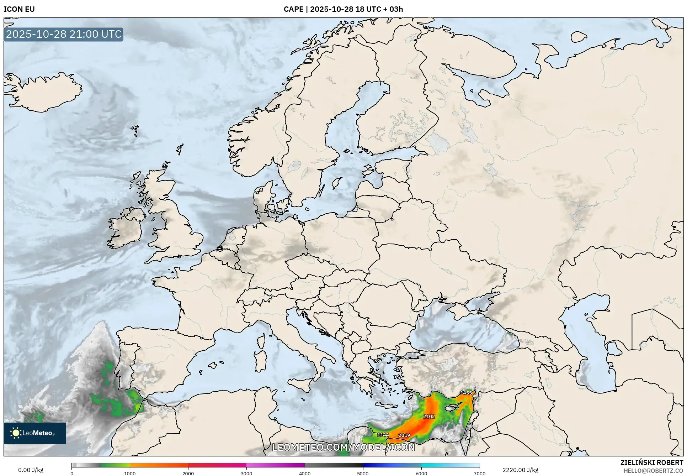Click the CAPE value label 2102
click(x=429, y=417)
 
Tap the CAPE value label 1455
click(x=466, y=393)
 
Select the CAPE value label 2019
click(x=404, y=435)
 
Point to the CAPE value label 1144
click(x=383, y=435)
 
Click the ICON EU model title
click(x=19, y=9)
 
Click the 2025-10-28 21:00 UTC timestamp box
click(x=64, y=34)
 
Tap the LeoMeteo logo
click(x=35, y=433)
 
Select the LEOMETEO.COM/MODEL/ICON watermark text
click(x=343, y=447)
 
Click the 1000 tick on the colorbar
click(x=130, y=473)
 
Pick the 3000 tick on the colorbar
click(x=246, y=473)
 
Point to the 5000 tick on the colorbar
click(x=363, y=473)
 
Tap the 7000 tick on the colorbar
click(x=479, y=473)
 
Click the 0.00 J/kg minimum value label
click(x=31, y=470)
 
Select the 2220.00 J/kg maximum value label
click(x=520, y=470)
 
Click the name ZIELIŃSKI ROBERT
click(x=652, y=462)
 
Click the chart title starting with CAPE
click(x=343, y=9)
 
